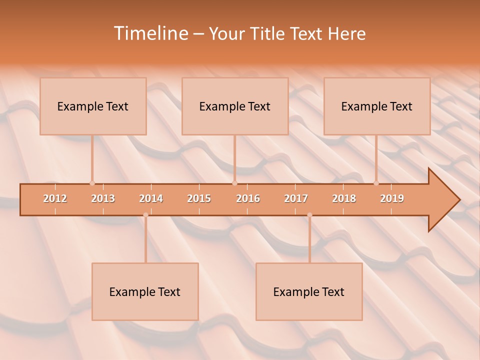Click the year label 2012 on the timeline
(x=55, y=198)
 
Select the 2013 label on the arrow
(x=103, y=198)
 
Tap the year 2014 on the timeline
(x=151, y=198)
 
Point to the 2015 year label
(x=199, y=198)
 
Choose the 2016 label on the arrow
(x=248, y=198)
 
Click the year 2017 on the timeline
(x=296, y=198)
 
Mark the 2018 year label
(x=344, y=198)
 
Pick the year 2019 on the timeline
(x=392, y=198)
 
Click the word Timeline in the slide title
(x=150, y=33)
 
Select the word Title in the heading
(x=269, y=33)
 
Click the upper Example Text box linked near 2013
(x=93, y=106)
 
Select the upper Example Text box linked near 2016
(x=235, y=106)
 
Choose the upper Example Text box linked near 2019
(x=377, y=106)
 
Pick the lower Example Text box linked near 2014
(x=145, y=291)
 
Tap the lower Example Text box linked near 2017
(x=309, y=291)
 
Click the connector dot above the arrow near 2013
(x=92, y=183)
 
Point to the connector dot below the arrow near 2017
(x=309, y=215)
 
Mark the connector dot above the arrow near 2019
(x=376, y=183)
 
